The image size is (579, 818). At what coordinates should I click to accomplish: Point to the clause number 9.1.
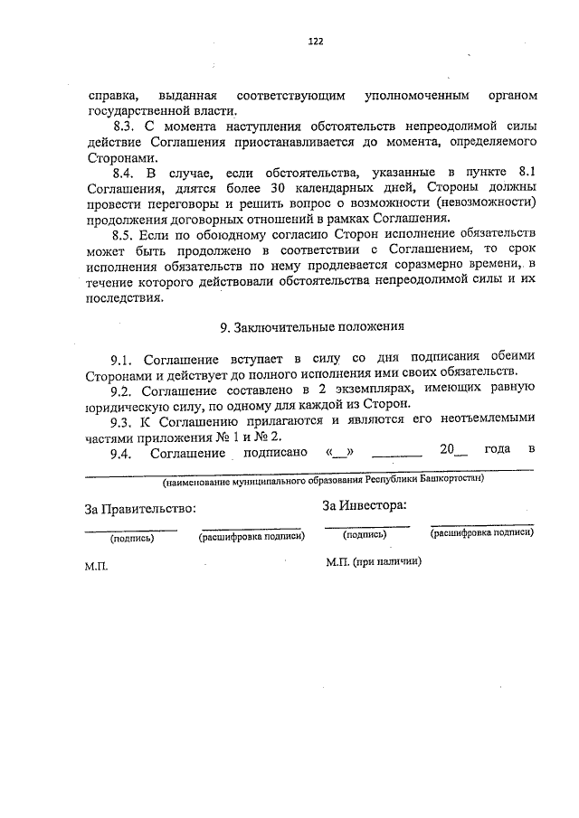(125, 357)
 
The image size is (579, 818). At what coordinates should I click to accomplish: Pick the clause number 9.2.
(125, 390)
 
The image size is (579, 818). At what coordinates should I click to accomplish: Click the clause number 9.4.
(125, 450)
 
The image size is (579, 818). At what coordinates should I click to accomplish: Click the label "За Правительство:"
(139, 509)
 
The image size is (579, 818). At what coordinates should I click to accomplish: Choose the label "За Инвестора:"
(364, 505)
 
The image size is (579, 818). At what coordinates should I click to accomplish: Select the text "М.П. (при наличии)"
(373, 560)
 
